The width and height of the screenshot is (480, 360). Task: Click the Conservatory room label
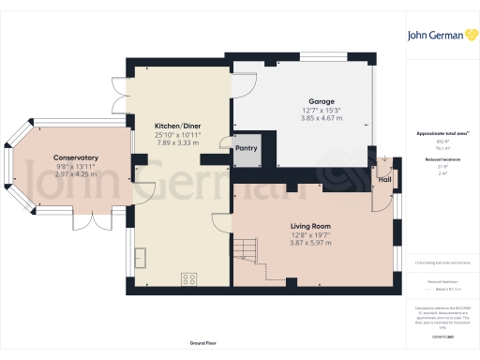point(77,157)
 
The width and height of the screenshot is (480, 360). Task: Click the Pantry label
point(247,148)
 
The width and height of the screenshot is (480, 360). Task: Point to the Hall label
point(383,179)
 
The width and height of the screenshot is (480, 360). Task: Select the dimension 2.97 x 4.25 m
point(77,175)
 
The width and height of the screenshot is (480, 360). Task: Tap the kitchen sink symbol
point(141,256)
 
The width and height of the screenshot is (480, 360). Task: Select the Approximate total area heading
point(440,134)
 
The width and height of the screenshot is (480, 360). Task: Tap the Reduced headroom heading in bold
point(440,160)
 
